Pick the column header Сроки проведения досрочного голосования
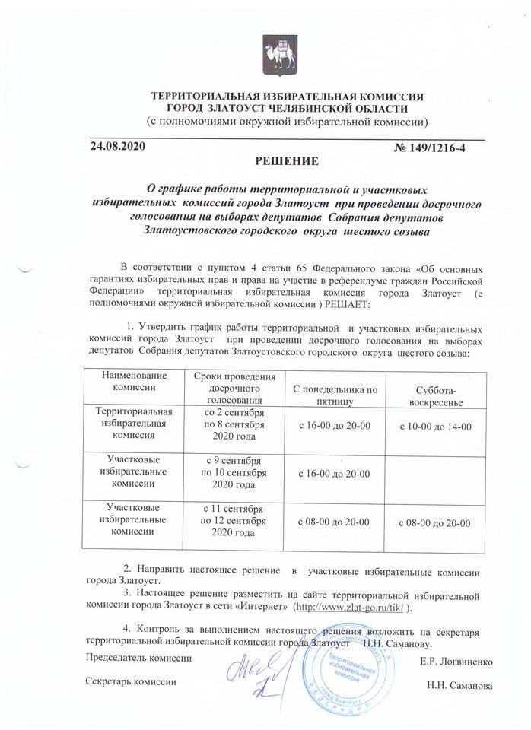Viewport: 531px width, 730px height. [229, 386]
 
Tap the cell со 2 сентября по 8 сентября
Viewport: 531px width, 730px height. [229, 424]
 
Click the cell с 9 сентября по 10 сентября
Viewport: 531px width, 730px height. [229, 472]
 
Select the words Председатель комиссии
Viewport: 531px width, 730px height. [138, 655]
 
